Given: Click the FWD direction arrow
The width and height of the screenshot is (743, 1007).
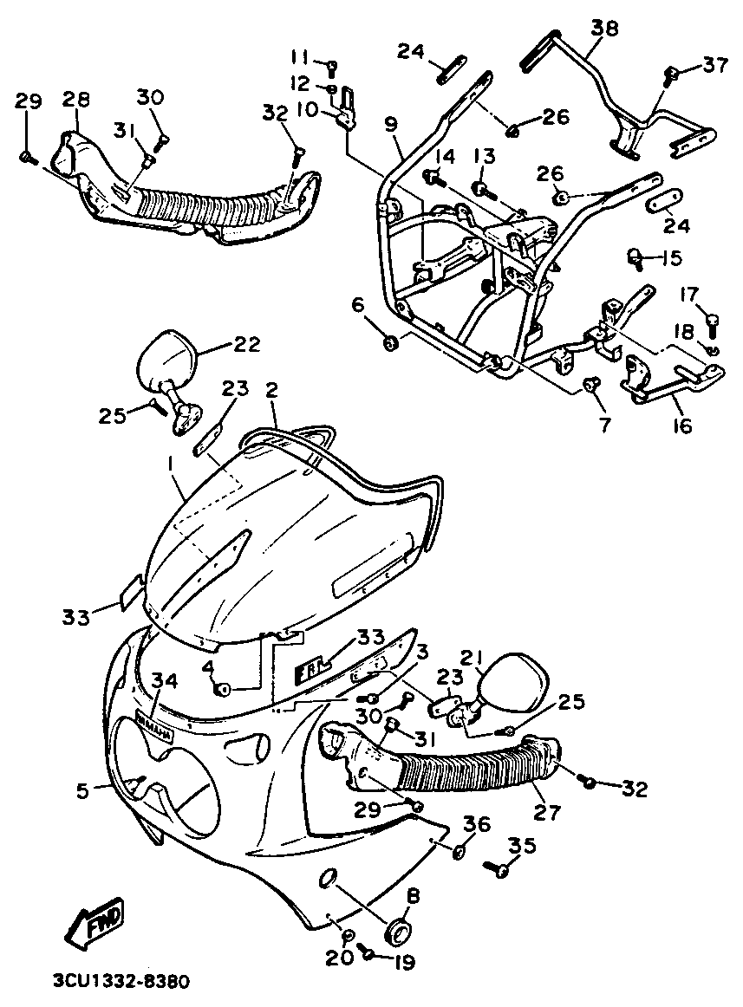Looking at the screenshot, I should [x=95, y=921].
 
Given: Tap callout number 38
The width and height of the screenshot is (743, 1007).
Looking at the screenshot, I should [x=604, y=29].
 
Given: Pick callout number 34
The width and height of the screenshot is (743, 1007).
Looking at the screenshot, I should [x=165, y=681].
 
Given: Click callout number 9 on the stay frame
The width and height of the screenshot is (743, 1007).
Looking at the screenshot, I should [x=392, y=124].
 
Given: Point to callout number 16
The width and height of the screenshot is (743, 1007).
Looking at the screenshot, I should [x=681, y=426].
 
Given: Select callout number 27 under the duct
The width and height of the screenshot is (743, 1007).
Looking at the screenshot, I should [x=548, y=812].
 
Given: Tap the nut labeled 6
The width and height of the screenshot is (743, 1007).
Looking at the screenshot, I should [x=390, y=344].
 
